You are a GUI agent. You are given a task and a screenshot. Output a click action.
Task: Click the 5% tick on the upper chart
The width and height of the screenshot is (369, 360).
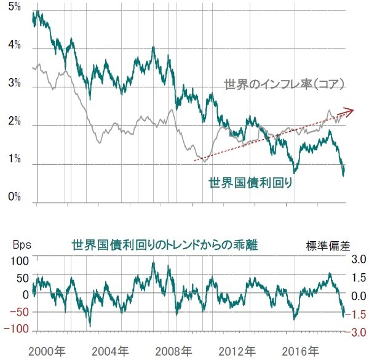coord(14,9)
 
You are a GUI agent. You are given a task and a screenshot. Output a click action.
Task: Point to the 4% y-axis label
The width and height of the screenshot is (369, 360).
coord(14,46)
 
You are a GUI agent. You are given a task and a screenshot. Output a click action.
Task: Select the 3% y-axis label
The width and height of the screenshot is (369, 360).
coord(14,85)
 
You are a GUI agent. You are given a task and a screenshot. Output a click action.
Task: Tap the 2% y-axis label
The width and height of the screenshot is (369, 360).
coord(14,124)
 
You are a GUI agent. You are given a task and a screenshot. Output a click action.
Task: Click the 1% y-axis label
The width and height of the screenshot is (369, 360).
coord(14,162)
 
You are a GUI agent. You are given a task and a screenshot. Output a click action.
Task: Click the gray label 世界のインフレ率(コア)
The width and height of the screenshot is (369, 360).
coord(282,84)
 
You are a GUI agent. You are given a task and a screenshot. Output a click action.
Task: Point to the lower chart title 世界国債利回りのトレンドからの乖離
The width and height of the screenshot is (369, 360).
coord(164,245)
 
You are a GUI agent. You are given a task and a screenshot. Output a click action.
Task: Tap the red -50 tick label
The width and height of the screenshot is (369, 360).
coord(19,313)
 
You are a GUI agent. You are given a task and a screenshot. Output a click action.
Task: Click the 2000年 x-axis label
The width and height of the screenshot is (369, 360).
coord(48,351)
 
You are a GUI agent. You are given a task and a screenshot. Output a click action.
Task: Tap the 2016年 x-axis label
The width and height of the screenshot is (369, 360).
coord(301,351)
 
